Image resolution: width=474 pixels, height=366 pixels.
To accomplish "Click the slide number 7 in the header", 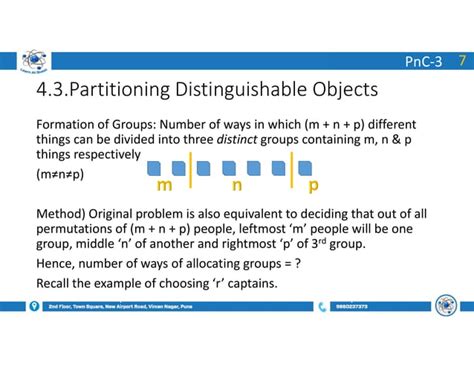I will [461, 61].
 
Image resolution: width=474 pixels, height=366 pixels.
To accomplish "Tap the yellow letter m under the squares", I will [164, 185].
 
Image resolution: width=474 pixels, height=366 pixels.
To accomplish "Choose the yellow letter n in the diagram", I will [237, 185].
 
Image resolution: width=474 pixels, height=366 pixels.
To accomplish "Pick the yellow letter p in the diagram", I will [313, 185].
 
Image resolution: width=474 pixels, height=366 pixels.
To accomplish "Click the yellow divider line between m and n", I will [190, 170].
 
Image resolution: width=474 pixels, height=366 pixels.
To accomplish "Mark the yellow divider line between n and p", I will [291, 170].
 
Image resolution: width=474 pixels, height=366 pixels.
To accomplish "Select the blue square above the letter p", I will [305, 167].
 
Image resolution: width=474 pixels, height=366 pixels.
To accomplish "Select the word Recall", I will [56, 283].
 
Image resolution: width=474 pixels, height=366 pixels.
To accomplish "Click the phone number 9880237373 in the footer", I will [352, 307].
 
